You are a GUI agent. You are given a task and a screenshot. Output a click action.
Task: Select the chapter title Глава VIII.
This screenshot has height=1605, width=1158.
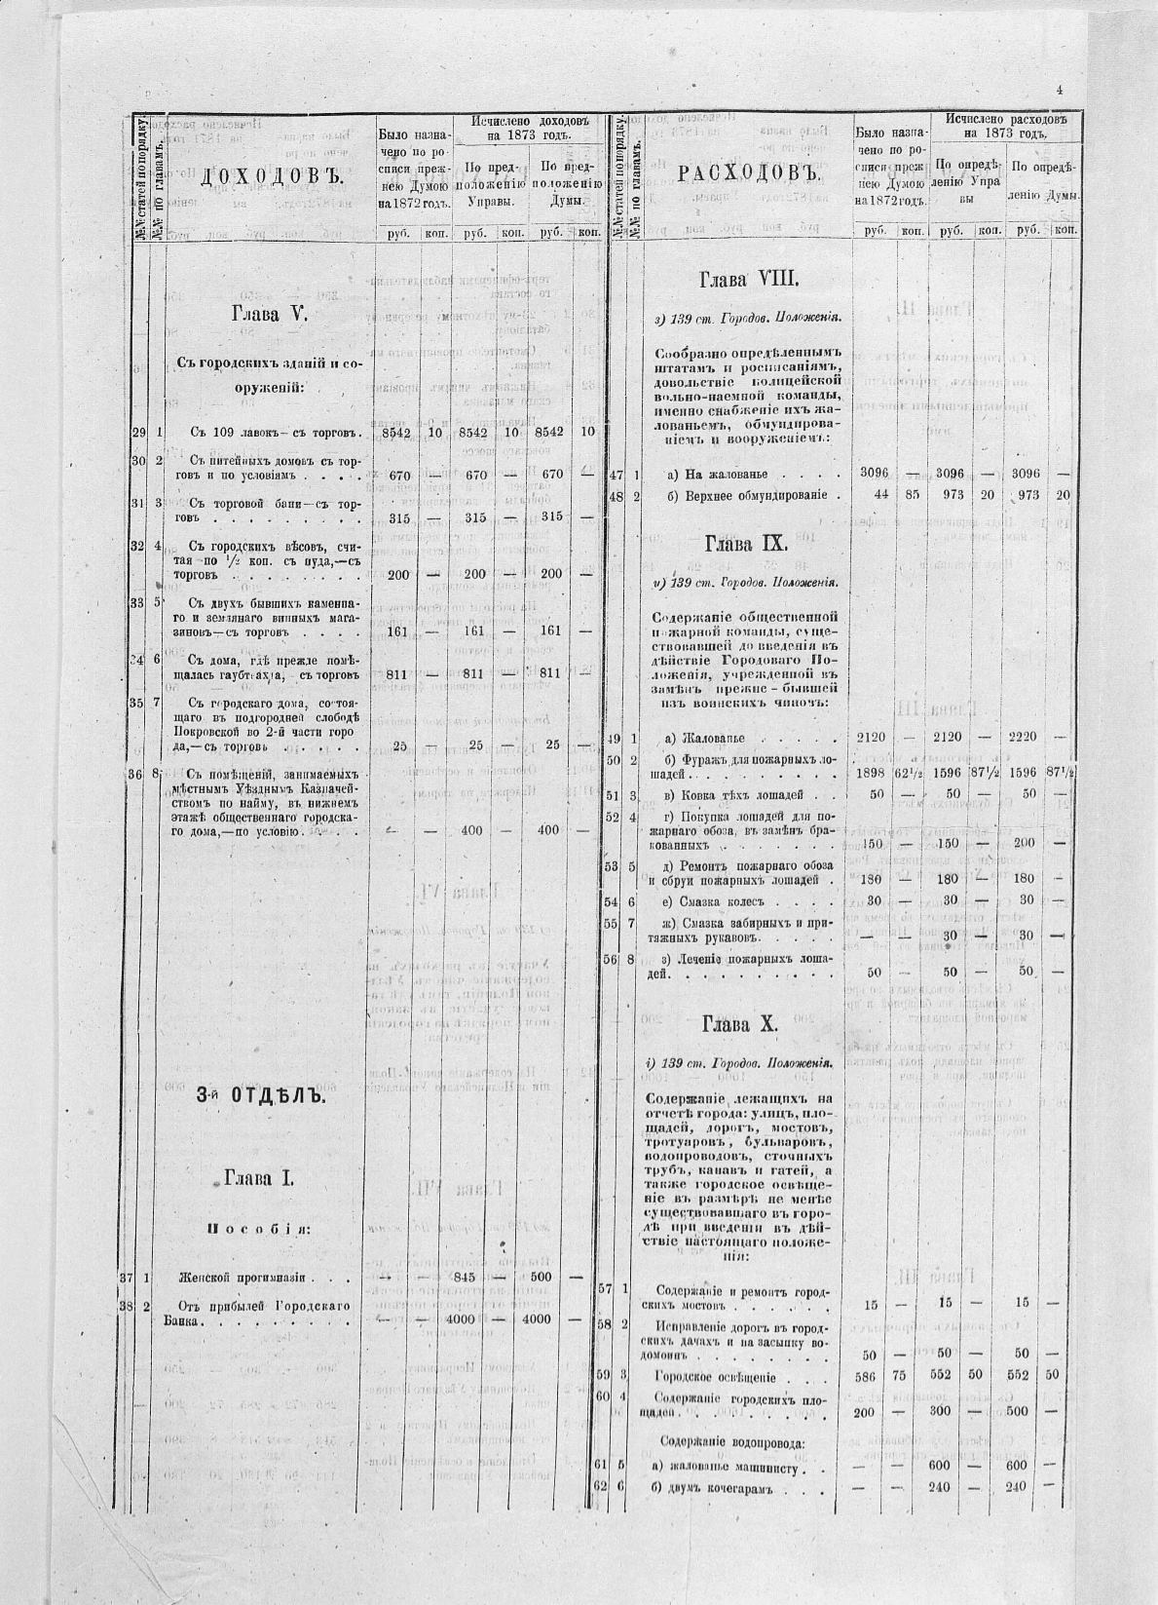coord(749,281)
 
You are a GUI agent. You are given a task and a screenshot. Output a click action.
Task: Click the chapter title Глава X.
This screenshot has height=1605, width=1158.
coord(740,1024)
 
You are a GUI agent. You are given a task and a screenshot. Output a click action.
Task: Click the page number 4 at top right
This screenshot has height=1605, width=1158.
coord(1058,90)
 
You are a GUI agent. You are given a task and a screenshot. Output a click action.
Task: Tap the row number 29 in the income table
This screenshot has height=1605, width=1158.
coord(138,433)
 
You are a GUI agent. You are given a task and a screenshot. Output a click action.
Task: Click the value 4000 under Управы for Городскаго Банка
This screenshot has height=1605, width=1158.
coord(473,1319)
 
